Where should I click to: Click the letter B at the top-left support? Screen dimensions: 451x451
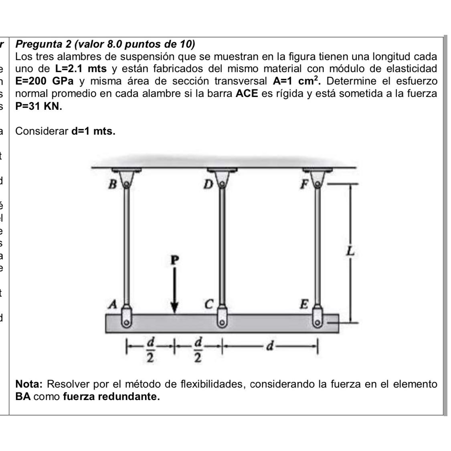113,185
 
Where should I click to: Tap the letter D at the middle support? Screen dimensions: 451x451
208,184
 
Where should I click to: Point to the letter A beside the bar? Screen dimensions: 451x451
114,305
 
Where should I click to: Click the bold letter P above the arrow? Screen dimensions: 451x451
174,260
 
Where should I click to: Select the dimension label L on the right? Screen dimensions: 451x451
350,252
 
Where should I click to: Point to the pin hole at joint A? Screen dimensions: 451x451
126,322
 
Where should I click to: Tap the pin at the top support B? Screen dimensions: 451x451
126,184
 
